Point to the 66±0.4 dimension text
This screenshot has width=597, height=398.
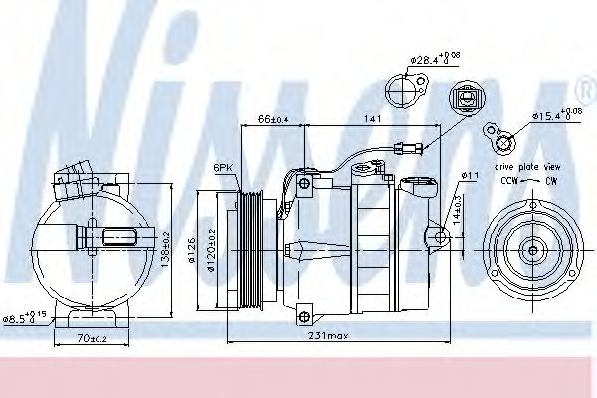tap(274, 118)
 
